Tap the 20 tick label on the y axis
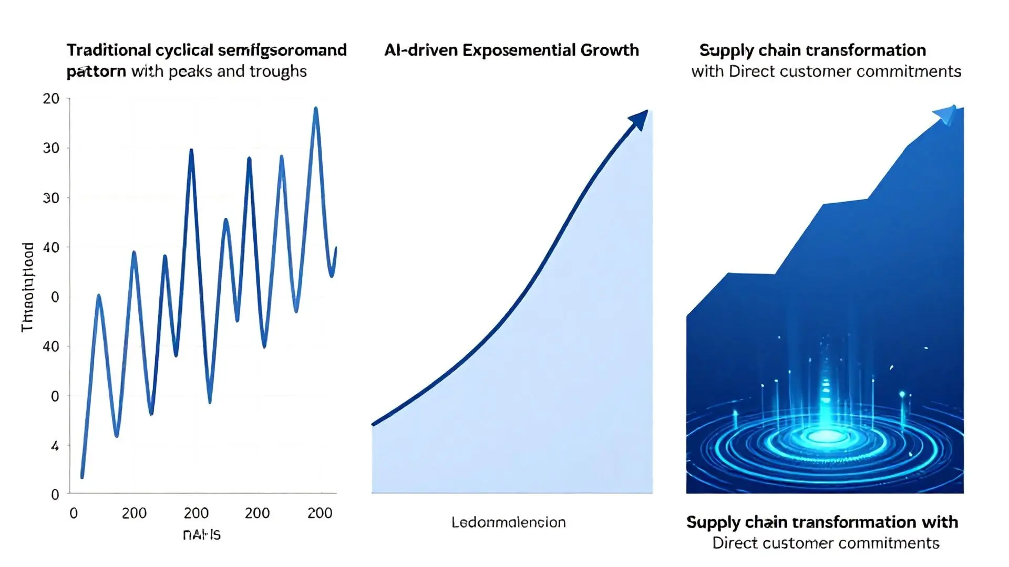click(51, 99)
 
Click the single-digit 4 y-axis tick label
click(55, 446)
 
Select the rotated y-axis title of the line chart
click(27, 287)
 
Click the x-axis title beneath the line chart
click(202, 534)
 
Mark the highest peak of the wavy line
click(316, 109)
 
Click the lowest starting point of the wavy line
click(82, 476)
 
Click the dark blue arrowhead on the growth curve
click(639, 120)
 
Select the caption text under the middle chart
click(508, 522)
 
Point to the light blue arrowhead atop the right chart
click(946, 114)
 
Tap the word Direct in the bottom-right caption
click(735, 543)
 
